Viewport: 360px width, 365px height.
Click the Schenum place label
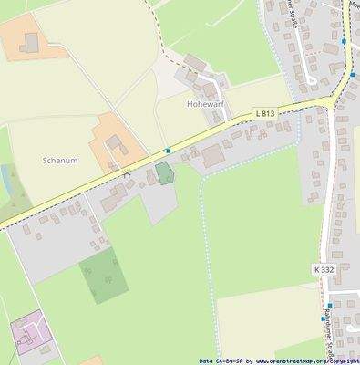coord(60,160)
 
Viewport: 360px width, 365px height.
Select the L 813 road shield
coord(264,112)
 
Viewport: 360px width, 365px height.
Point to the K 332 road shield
coord(324,270)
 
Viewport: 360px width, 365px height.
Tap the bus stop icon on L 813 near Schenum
coord(168,150)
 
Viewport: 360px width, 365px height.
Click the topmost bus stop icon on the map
coord(344,41)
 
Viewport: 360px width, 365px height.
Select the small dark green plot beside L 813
coord(164,173)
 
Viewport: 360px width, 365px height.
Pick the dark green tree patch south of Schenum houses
coord(102,275)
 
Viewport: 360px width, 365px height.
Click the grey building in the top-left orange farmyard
coord(32,42)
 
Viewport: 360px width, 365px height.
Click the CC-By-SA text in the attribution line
coord(224,361)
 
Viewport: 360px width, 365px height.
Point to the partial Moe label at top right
coord(355,4)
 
